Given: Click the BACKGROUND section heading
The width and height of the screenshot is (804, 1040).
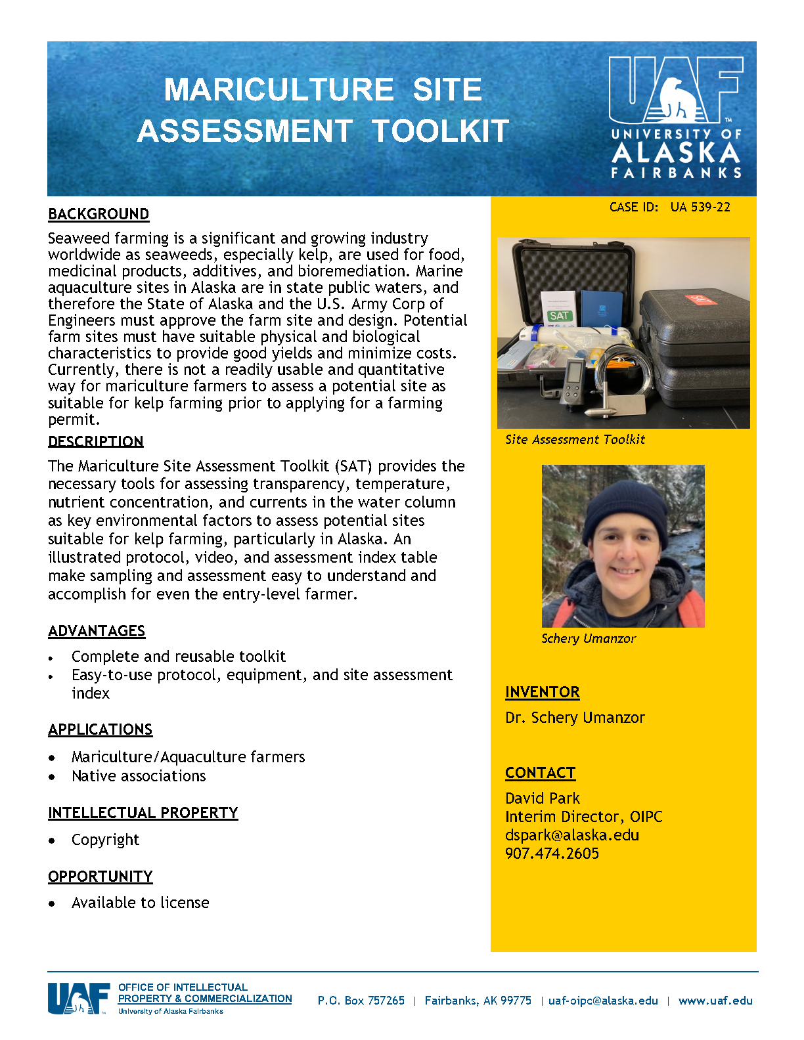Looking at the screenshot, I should point(99,215).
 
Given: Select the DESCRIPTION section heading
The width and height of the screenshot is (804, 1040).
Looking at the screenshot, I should point(96,441).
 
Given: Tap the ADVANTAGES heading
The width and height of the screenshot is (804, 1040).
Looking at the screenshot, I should point(97,631).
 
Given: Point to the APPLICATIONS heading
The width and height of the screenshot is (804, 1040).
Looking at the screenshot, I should point(100,729).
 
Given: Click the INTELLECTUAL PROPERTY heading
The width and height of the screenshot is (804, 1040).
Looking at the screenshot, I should point(143,813).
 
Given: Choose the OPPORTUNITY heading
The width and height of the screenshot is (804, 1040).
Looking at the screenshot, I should point(100,877).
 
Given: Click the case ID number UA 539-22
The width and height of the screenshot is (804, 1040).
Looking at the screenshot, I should point(700,207).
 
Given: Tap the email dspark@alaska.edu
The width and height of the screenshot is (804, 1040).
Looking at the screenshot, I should point(571,835).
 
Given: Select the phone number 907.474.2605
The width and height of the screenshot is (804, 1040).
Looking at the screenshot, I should point(552,854).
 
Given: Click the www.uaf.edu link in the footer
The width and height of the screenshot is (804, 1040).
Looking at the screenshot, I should point(715,1001).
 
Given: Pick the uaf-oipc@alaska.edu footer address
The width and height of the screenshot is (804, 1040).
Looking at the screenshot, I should point(603,1001).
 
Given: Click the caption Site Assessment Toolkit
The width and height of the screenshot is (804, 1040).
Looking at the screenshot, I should point(575,440).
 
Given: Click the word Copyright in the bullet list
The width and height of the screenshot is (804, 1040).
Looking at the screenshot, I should point(105,840).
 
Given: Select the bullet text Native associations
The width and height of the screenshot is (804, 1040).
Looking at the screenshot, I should point(139,776).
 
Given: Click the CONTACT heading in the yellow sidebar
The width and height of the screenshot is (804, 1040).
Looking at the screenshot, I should point(540,773).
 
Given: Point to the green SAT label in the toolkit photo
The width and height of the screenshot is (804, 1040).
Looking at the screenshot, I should point(560,316).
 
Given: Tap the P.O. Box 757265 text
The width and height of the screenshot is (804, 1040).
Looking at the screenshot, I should point(361,1001).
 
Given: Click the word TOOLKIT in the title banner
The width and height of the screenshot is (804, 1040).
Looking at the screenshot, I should point(441,131).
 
